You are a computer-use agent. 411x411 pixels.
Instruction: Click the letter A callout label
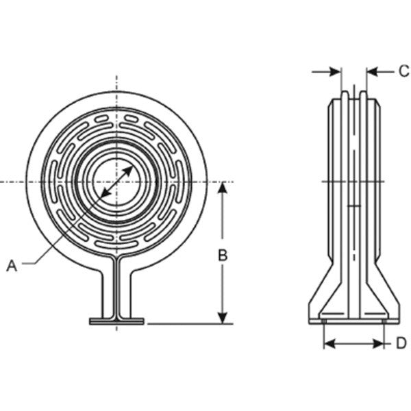click(x=12, y=265)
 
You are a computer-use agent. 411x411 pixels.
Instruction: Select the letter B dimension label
click(x=223, y=255)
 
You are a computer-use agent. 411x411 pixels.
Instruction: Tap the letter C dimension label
click(x=403, y=71)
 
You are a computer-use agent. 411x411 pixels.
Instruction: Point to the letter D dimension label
click(x=401, y=343)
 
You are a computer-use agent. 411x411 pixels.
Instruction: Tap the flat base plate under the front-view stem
click(x=116, y=321)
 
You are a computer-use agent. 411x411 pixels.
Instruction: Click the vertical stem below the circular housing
click(x=116, y=288)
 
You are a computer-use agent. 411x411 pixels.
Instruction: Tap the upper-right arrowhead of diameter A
click(x=130, y=166)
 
